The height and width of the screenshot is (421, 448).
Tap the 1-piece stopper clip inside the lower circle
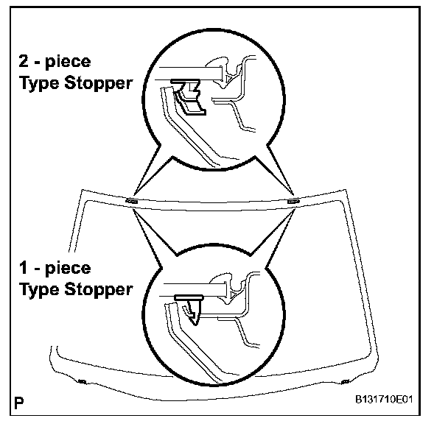pyautogui.click(x=191, y=305)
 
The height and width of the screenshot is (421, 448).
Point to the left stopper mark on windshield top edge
pyautogui.click(x=132, y=200)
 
